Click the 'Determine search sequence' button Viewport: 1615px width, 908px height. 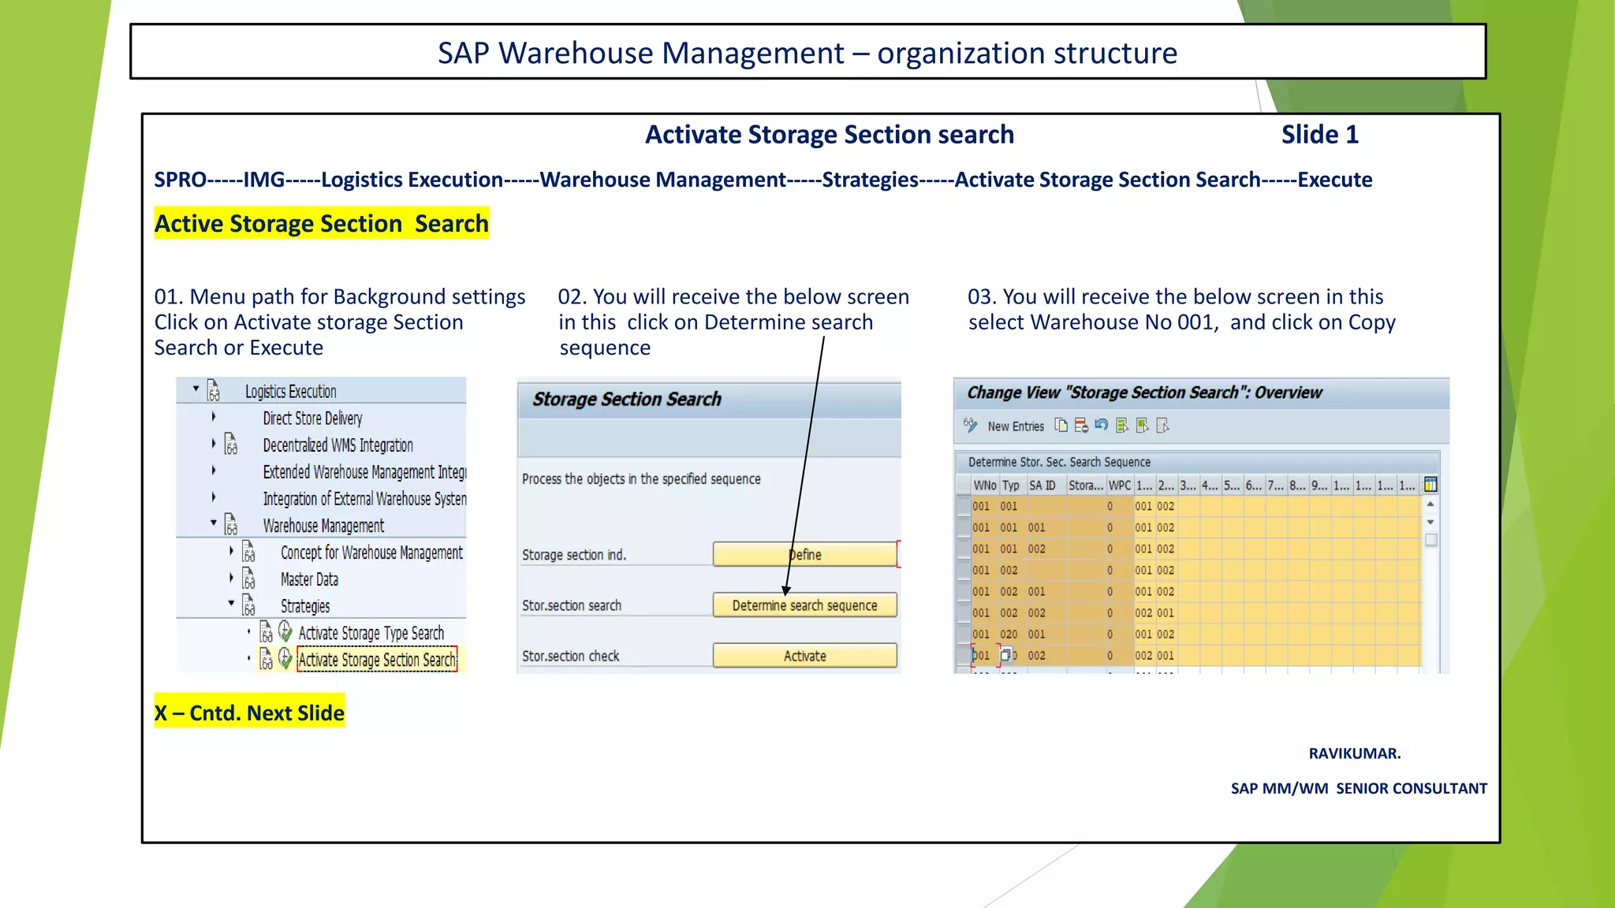click(x=804, y=605)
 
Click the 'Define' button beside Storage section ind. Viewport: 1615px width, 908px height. click(x=804, y=555)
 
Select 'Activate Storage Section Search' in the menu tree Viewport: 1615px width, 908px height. click(x=377, y=660)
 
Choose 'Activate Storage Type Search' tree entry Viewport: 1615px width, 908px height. click(x=371, y=633)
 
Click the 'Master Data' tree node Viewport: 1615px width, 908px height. click(x=309, y=579)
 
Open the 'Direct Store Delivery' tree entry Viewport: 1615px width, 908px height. click(x=312, y=419)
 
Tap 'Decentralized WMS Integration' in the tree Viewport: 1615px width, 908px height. click(x=338, y=445)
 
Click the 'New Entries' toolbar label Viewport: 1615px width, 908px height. click(x=1016, y=426)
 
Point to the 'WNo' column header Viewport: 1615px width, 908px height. click(x=984, y=486)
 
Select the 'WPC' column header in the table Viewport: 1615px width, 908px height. click(x=1119, y=486)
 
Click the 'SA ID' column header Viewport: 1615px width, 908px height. click(x=1042, y=486)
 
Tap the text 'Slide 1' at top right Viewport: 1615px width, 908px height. click(x=1319, y=135)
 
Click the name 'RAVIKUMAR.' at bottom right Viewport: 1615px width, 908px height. click(x=1354, y=754)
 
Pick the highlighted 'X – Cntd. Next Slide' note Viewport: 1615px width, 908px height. click(x=249, y=713)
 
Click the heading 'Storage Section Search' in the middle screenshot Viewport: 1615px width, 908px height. click(x=627, y=400)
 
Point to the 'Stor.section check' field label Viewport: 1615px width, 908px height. click(x=570, y=656)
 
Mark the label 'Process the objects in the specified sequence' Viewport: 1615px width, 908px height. click(x=641, y=479)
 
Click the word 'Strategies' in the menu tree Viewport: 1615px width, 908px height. click(x=305, y=606)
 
